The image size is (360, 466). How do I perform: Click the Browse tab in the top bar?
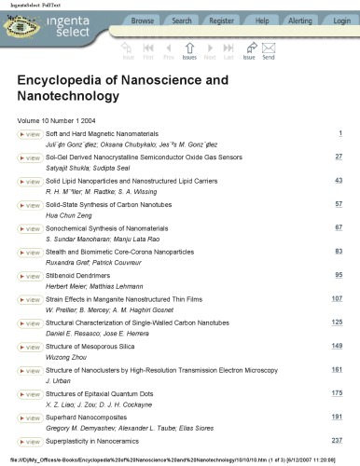pyautogui.click(x=143, y=21)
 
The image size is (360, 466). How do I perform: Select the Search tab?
pyautogui.click(x=182, y=21)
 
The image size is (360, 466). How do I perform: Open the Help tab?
pyautogui.click(x=262, y=21)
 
